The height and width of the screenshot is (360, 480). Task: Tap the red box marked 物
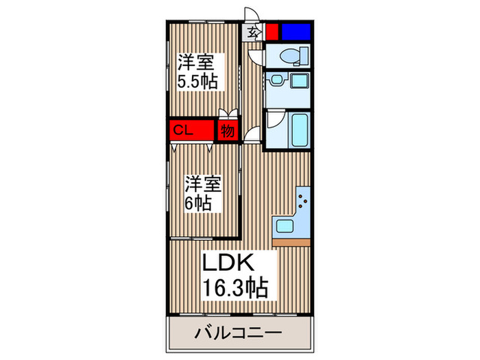227,130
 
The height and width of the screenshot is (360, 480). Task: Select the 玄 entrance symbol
252,31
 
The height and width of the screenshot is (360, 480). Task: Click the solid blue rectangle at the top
296,31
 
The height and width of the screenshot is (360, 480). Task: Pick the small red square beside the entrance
272,31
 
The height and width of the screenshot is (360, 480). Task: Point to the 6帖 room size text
197,204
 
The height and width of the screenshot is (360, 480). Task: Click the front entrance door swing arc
252,15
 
